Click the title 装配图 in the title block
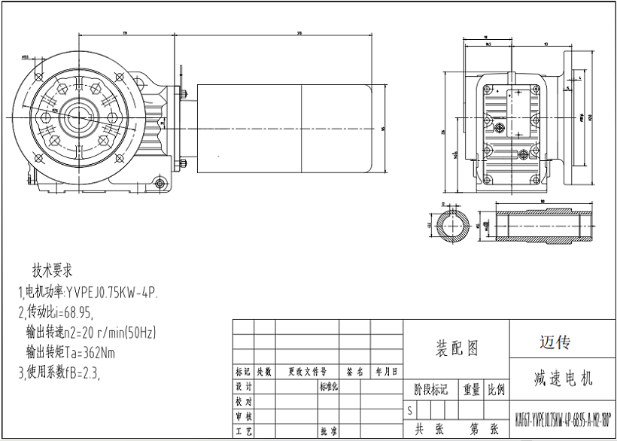point(457,348)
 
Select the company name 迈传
point(555,342)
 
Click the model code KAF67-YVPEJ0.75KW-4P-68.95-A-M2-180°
point(563,418)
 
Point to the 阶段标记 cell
point(431,390)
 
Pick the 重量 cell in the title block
point(472,390)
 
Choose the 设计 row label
point(243,386)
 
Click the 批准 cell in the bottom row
point(327,432)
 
